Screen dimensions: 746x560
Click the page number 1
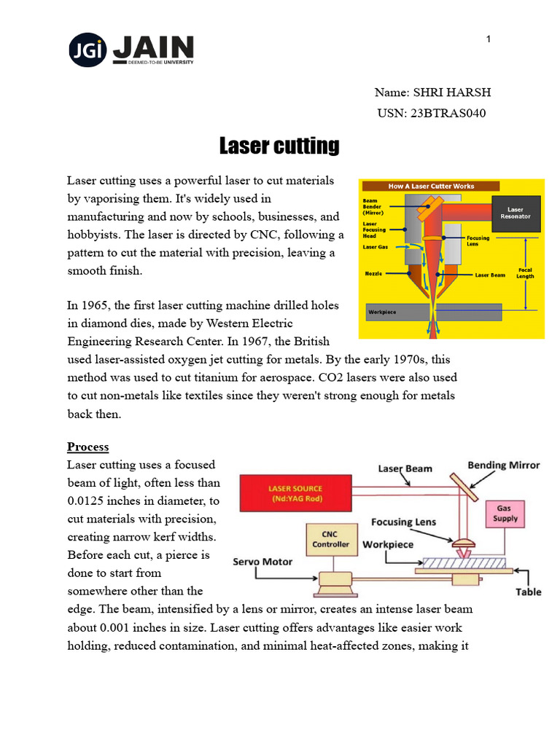click(489, 39)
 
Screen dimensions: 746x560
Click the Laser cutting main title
click(279, 146)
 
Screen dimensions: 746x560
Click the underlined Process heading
click(87, 447)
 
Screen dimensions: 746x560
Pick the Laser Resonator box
click(516, 213)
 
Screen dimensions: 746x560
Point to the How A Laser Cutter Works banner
click(431, 186)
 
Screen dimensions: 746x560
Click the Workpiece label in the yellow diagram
click(381, 311)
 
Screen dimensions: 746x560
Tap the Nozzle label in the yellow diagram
click(373, 275)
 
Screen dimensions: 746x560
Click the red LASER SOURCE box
click(295, 492)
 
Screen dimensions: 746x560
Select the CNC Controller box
click(330, 540)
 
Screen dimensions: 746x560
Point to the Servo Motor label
click(262, 562)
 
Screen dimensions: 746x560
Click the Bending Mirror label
click(504, 465)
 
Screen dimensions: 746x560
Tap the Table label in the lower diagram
click(529, 592)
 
